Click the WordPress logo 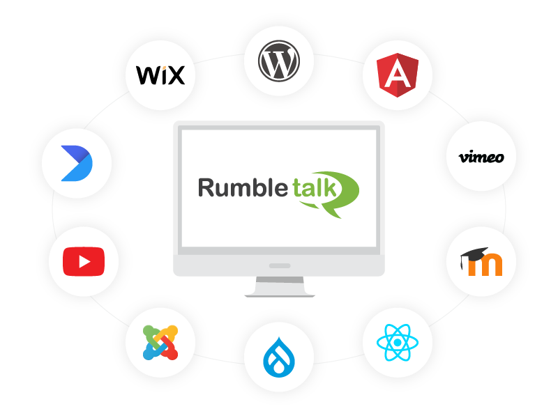click(279, 61)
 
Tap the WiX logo click(160, 75)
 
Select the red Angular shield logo click(397, 75)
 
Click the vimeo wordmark click(481, 157)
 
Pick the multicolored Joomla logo click(160, 342)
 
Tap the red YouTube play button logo click(83, 262)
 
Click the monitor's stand click(279, 286)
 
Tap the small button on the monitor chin click(279, 265)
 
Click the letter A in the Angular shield click(397, 75)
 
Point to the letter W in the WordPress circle click(279, 61)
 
